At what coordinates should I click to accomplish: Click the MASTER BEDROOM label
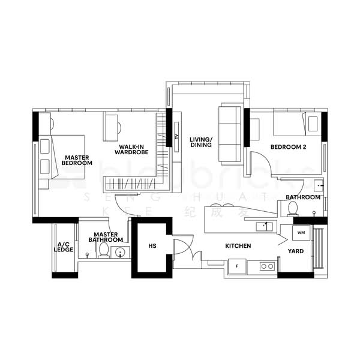point(78,160)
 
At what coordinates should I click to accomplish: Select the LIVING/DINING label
point(200,142)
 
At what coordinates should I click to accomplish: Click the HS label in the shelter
point(152,245)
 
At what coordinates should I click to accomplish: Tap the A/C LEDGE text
point(63,247)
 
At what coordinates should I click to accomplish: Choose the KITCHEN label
point(238,246)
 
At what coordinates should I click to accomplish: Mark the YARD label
point(295,251)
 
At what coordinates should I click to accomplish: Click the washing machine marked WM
point(301,232)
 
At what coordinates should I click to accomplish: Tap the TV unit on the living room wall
point(176,137)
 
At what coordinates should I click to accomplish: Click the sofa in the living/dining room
point(229,133)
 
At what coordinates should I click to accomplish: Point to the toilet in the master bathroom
point(104,250)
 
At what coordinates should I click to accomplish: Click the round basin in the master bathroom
point(119,252)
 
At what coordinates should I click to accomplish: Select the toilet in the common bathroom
point(293,208)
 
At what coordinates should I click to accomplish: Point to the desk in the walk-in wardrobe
point(113,125)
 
